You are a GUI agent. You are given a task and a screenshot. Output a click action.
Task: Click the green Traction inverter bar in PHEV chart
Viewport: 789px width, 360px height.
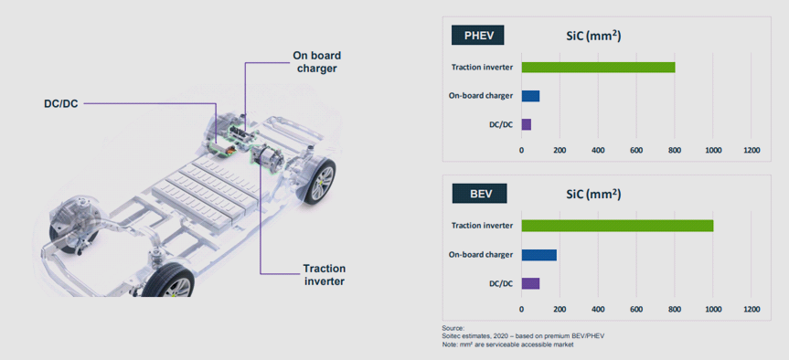pos(598,68)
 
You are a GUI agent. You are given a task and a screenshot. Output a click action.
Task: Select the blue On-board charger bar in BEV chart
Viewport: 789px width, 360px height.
pos(538,255)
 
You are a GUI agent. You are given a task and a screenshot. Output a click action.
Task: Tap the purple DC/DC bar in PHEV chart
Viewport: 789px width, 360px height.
pos(527,124)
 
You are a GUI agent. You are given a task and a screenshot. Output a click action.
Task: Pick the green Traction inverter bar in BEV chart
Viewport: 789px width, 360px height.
pos(617,226)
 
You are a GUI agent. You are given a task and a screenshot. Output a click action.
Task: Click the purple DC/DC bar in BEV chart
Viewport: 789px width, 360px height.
pos(530,283)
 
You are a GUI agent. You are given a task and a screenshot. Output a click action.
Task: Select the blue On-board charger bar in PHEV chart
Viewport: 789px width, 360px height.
pos(530,96)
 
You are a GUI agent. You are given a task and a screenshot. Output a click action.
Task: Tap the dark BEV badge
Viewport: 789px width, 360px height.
pos(479,193)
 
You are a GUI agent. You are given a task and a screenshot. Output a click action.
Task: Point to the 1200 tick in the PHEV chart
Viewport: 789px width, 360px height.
pos(751,150)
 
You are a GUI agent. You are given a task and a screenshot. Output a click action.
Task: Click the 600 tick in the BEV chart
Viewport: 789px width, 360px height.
pos(636,309)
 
